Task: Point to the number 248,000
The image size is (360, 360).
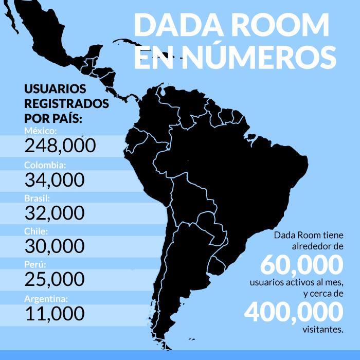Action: (x=60, y=146)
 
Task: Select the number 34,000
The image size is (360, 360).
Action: (x=54, y=179)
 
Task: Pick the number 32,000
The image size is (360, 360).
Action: (x=54, y=212)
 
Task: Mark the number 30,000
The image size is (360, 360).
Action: (x=54, y=246)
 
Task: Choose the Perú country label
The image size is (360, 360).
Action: (x=35, y=265)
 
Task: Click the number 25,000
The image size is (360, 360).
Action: (x=54, y=279)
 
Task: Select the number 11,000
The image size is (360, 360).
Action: (x=54, y=313)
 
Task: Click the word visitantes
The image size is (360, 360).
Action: (x=322, y=329)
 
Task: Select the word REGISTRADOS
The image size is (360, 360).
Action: (x=66, y=103)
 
